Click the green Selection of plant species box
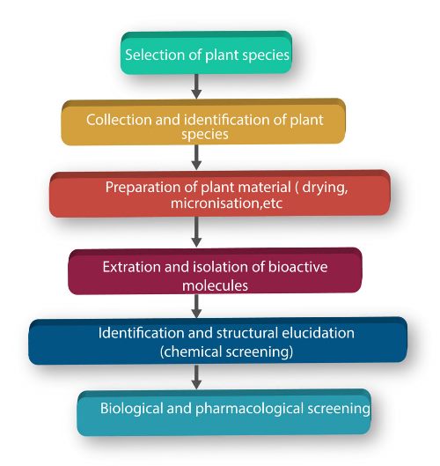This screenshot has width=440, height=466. click(x=206, y=53)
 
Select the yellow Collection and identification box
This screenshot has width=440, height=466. click(x=203, y=122)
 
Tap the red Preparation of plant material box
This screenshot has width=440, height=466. click(x=220, y=194)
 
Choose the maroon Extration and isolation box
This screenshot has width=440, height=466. click(x=216, y=271)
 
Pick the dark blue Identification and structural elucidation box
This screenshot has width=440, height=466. click(x=218, y=341)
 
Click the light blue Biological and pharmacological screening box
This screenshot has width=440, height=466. click(x=224, y=412)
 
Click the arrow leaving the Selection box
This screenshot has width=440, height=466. click(x=196, y=86)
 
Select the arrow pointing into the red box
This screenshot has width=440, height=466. click(x=196, y=158)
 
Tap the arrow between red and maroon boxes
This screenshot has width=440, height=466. click(x=196, y=232)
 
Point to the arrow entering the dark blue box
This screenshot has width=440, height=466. click(x=196, y=306)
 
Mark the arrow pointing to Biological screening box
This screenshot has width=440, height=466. click(x=196, y=377)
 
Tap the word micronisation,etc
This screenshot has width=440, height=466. click(x=226, y=203)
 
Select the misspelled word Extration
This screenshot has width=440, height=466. click(x=132, y=267)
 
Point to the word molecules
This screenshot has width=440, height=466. click(x=216, y=285)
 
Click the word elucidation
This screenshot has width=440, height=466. click(x=318, y=333)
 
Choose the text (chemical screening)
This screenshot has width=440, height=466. click(x=226, y=352)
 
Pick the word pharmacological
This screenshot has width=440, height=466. click(x=250, y=409)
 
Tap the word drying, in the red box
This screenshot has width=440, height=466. click(x=325, y=189)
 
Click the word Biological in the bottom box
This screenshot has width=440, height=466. click(x=131, y=409)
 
